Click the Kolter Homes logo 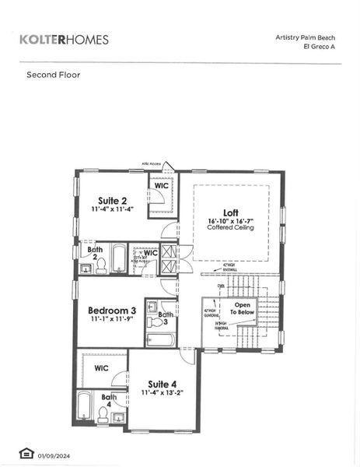pyautogui.click(x=64, y=39)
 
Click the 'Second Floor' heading pyautogui.click(x=53, y=75)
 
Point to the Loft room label pyautogui.click(x=230, y=212)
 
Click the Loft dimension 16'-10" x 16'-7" pyautogui.click(x=230, y=222)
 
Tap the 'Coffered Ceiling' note pyautogui.click(x=230, y=230)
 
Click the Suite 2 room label pyautogui.click(x=112, y=200)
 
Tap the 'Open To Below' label pyautogui.click(x=243, y=309)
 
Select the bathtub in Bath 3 pyautogui.click(x=161, y=339)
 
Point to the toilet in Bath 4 pyautogui.click(x=103, y=416)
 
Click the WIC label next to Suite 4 pyautogui.click(x=101, y=368)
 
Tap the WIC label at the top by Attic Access pyautogui.click(x=161, y=186)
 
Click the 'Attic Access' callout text pyautogui.click(x=151, y=164)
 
